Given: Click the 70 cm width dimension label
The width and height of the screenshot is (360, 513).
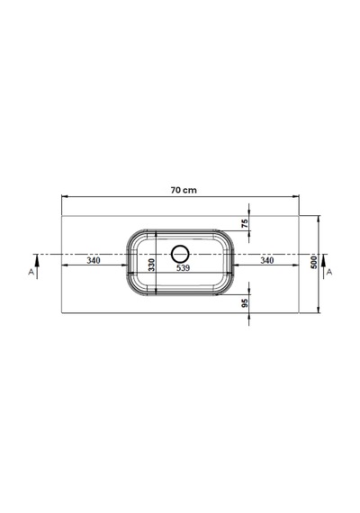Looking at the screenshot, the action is pos(184,190).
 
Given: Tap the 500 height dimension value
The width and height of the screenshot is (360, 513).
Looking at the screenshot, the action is pos(314,263).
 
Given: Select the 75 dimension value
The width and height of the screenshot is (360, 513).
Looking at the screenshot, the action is pos(245,223).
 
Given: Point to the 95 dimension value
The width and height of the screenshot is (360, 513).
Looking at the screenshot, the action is pos(245,303).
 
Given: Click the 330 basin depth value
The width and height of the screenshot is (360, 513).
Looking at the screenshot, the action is pos(151,265).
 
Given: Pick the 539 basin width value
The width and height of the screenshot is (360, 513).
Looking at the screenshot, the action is pos(184,267).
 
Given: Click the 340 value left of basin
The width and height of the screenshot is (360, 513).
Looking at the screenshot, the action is pos(94,260).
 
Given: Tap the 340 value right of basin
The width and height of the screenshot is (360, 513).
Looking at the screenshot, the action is pos(267,260).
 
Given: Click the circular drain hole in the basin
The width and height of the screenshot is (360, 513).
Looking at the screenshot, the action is pos(180,246).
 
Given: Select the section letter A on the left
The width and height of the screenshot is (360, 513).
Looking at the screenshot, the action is pos(31,272).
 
